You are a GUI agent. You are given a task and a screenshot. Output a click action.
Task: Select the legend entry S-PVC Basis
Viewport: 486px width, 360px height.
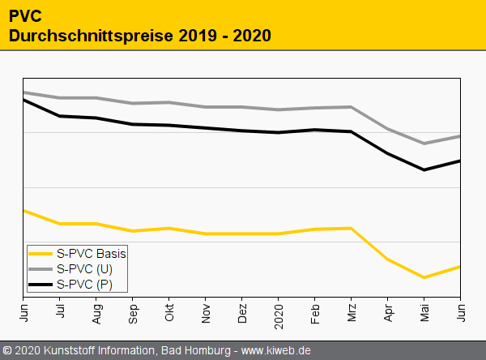click(x=92, y=253)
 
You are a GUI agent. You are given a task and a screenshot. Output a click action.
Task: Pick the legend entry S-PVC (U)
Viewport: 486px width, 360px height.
click(x=84, y=268)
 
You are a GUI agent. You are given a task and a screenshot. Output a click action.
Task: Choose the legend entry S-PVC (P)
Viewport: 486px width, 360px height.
click(x=84, y=284)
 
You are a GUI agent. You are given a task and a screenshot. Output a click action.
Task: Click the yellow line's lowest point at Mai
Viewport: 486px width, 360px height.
click(x=424, y=277)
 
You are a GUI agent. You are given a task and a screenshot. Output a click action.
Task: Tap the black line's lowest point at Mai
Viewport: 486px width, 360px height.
click(x=424, y=170)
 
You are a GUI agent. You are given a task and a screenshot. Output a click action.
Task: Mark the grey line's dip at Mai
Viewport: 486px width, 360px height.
click(x=424, y=144)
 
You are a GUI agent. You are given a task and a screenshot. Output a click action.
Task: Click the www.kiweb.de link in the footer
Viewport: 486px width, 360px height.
click(x=276, y=351)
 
